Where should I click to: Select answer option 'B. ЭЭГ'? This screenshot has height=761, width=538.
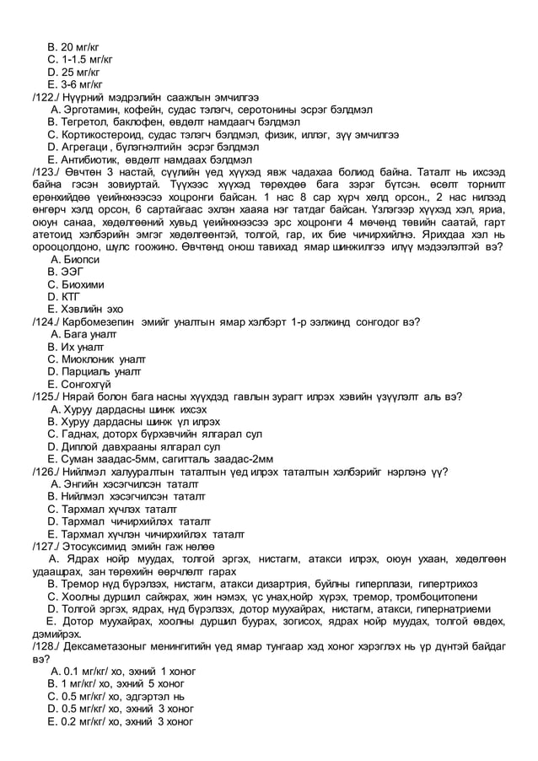(67, 272)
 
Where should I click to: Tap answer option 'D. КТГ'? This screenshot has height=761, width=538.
(67, 297)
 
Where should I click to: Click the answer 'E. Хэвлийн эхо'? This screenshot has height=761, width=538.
(85, 309)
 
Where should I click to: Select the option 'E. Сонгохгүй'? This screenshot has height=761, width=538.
(82, 384)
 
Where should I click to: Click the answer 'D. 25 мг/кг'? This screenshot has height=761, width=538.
(74, 73)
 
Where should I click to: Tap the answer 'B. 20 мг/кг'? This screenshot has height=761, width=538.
(74, 47)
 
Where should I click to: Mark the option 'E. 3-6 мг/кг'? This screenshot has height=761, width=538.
(75, 84)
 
